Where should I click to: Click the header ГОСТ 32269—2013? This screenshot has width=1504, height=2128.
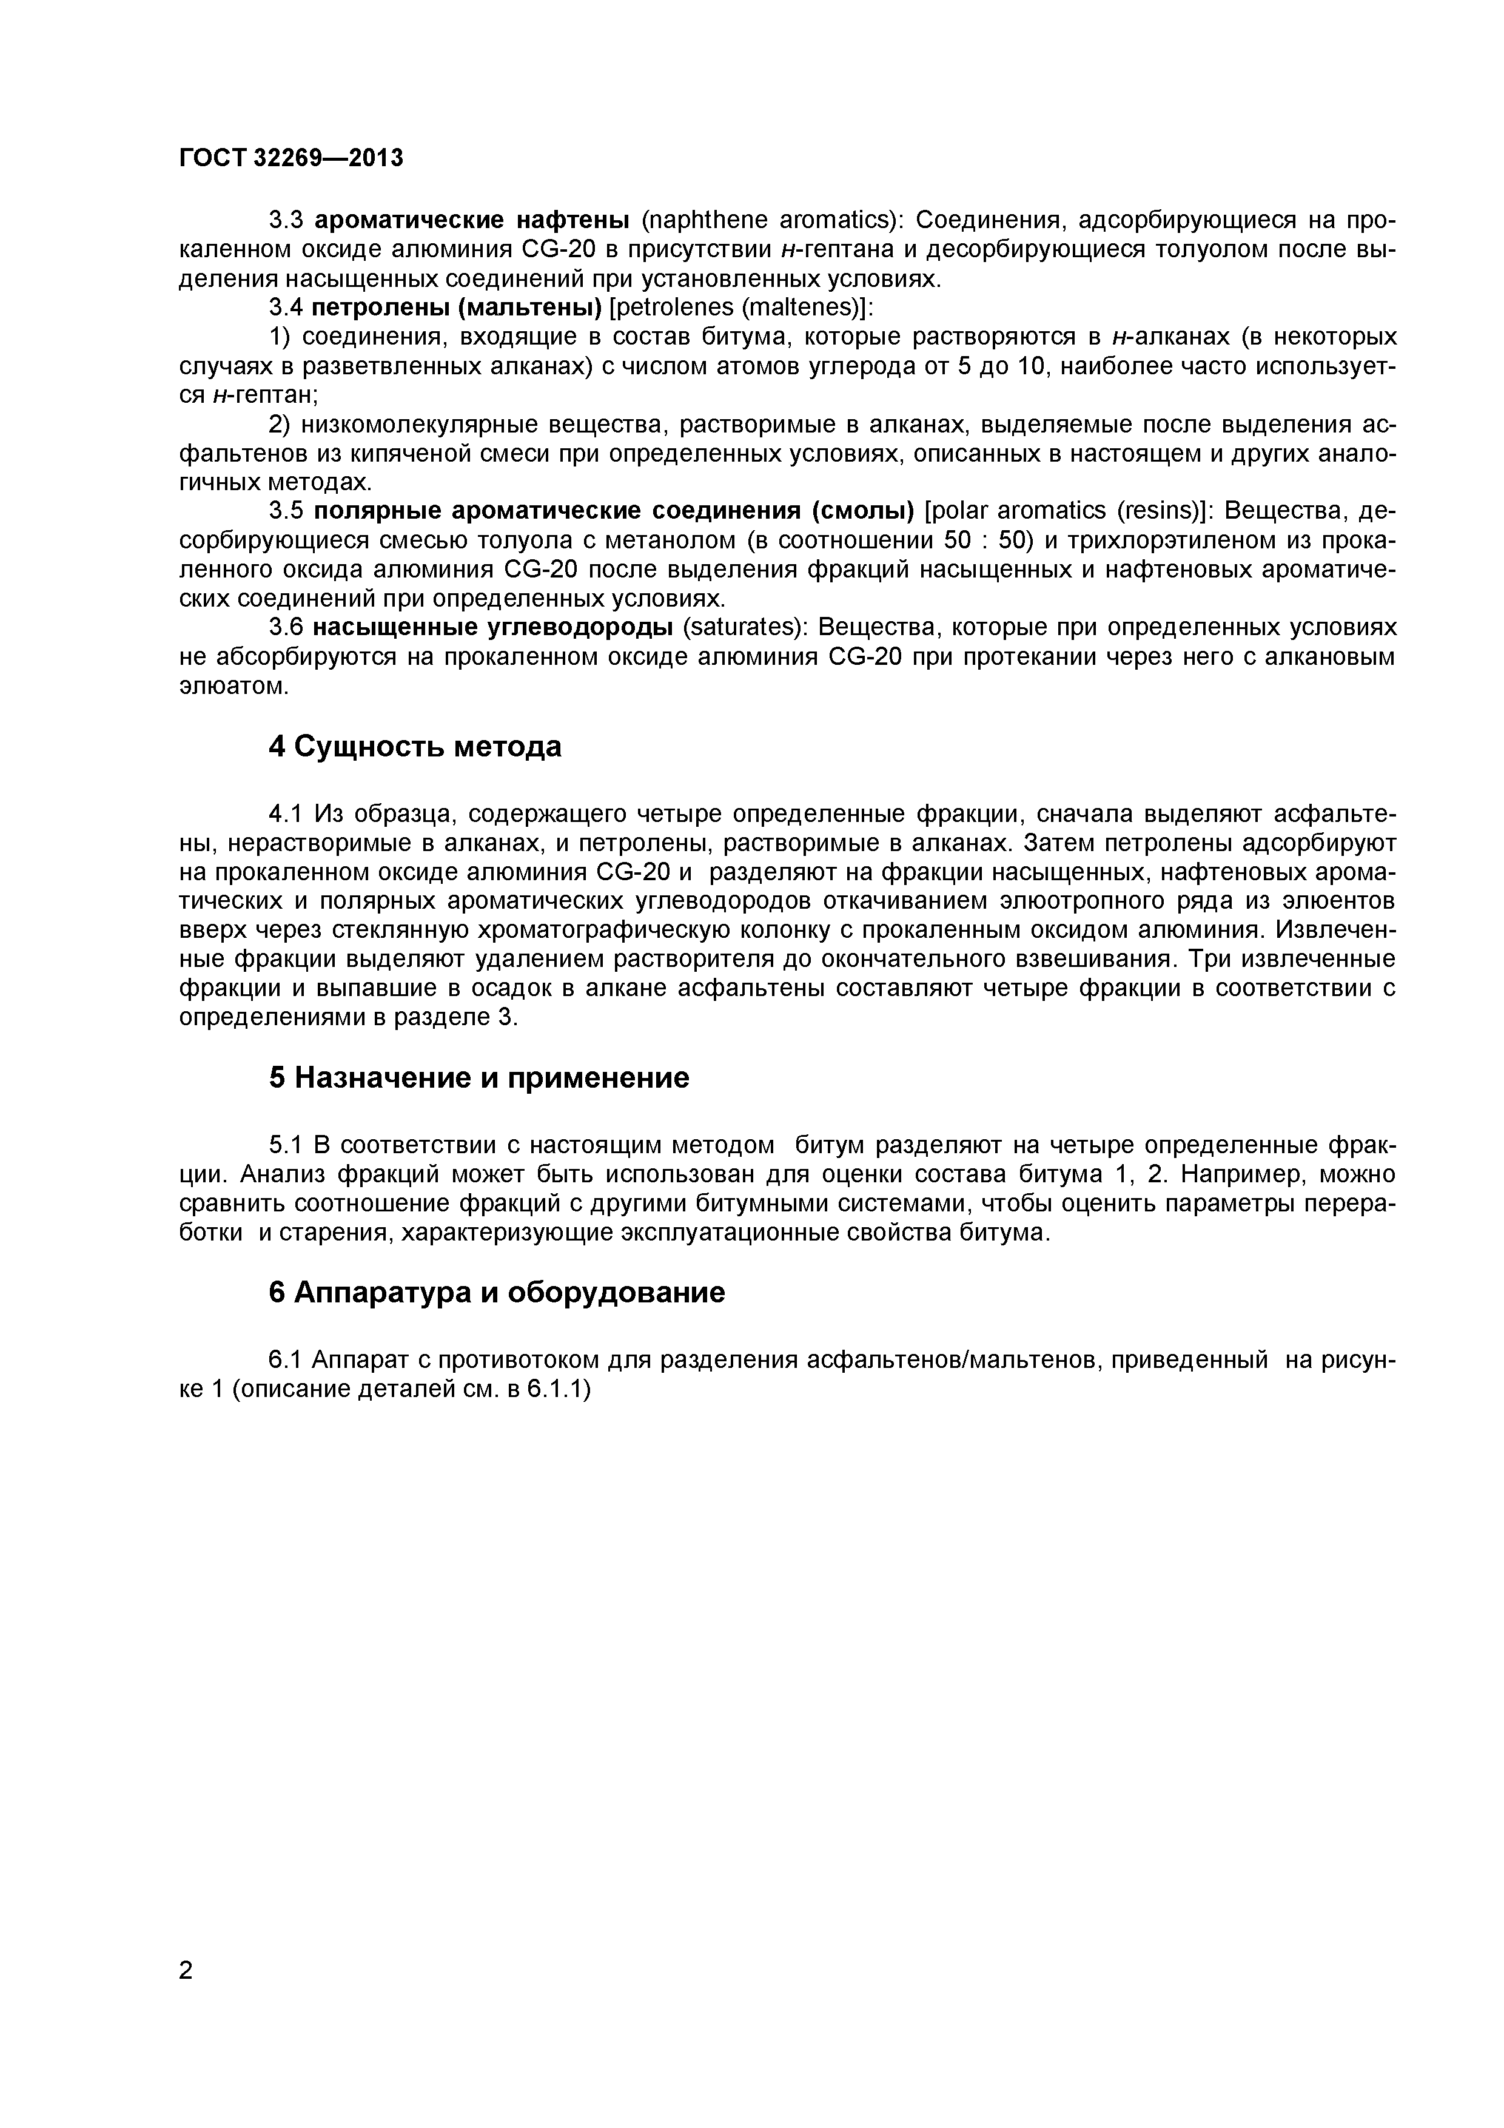[291, 158]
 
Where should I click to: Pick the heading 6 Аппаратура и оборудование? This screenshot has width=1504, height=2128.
[497, 1292]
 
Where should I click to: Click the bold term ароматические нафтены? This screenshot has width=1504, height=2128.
[472, 221]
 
